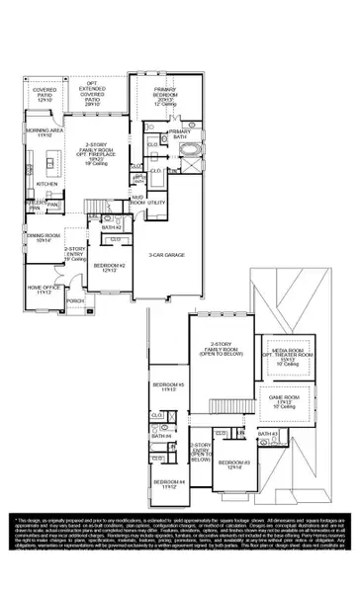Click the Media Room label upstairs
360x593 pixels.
[x=288, y=354]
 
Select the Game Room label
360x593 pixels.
[x=286, y=401]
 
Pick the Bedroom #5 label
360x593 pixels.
[x=166, y=386]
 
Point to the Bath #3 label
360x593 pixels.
[x=266, y=434]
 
